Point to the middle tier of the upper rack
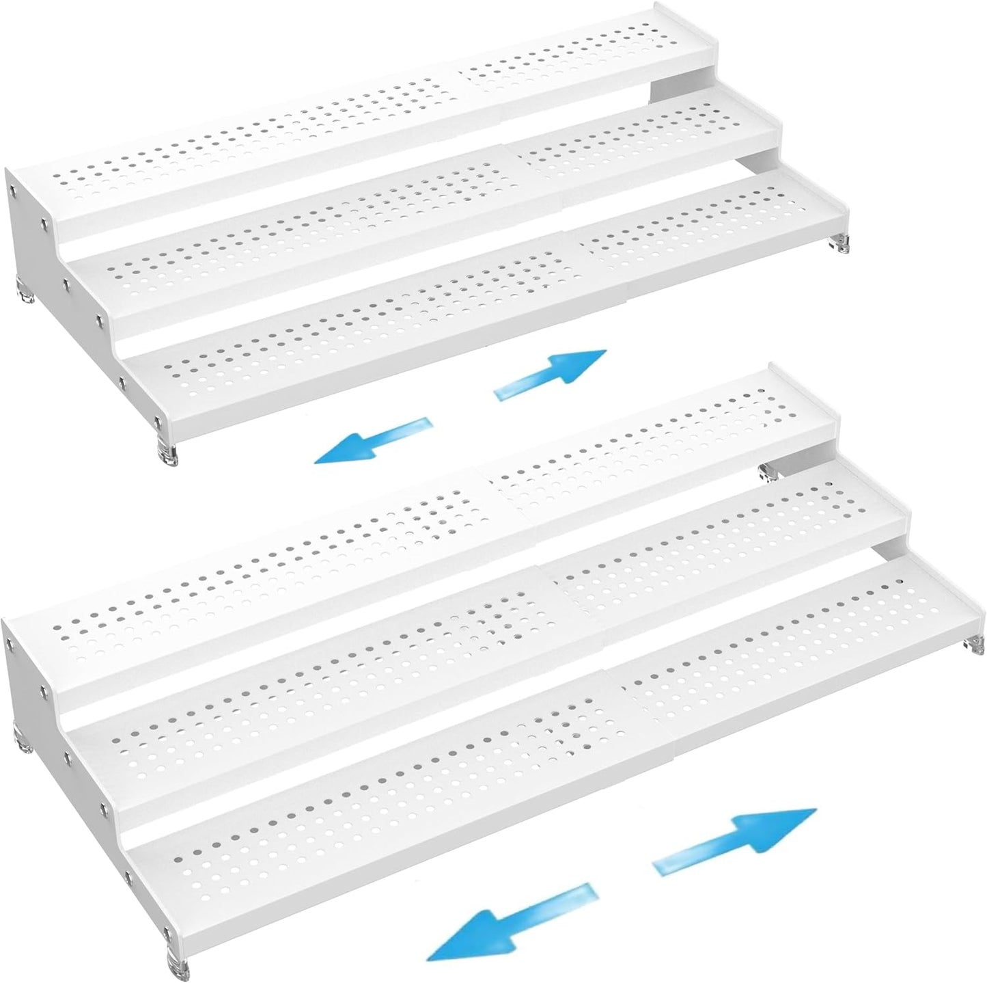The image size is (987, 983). click(x=410, y=219)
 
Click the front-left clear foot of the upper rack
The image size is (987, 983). click(x=169, y=450)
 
